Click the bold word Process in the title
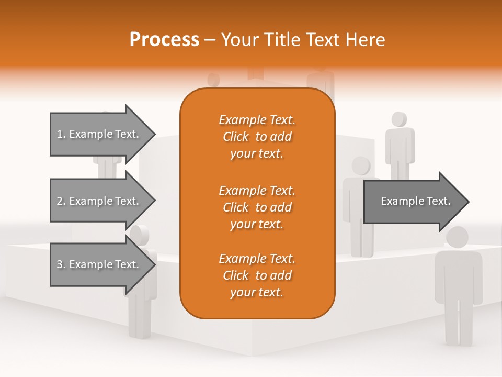(x=164, y=39)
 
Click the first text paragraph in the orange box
(x=257, y=137)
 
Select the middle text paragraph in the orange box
(x=257, y=207)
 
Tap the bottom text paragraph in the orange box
(x=257, y=275)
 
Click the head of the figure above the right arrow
(x=361, y=165)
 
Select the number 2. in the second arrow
(x=61, y=201)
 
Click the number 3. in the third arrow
(x=61, y=264)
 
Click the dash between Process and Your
(x=210, y=39)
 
